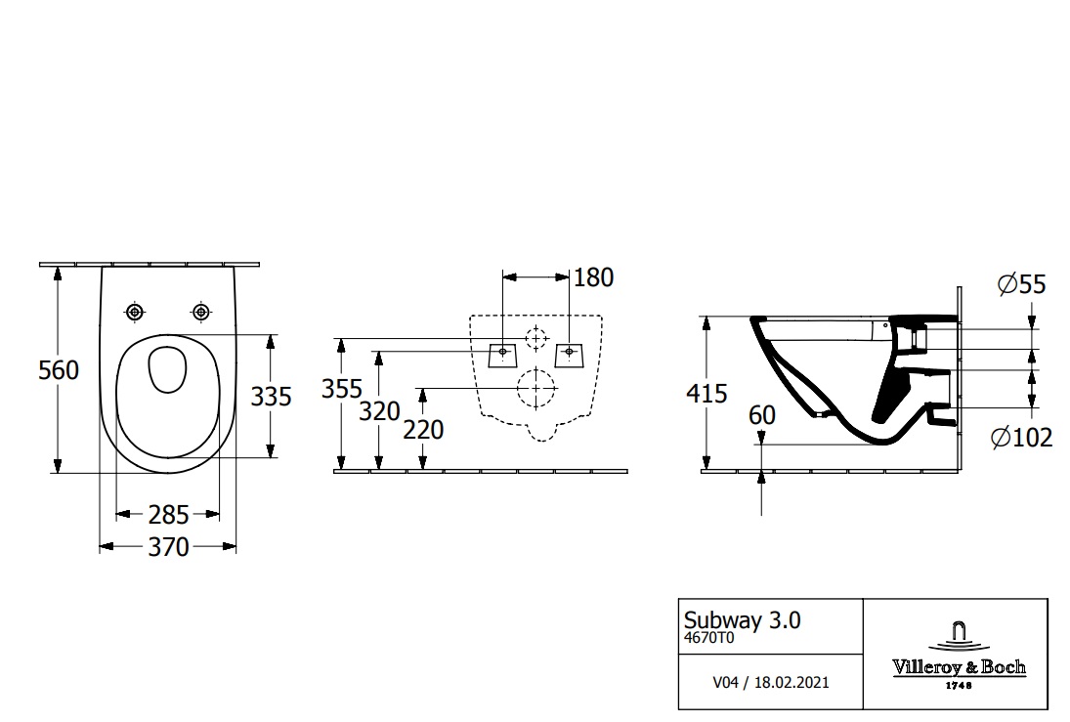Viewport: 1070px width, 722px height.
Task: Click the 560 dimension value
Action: (x=59, y=370)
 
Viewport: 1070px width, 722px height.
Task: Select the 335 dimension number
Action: (x=271, y=397)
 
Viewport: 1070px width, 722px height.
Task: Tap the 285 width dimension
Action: (x=168, y=515)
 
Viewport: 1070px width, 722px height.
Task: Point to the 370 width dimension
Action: (x=168, y=546)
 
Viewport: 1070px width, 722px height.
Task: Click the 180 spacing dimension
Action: (x=594, y=277)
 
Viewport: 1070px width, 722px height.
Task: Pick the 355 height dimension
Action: (x=342, y=389)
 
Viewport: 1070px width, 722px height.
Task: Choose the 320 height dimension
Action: (x=379, y=411)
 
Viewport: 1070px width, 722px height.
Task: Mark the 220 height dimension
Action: (x=423, y=430)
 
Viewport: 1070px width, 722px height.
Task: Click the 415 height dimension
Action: (x=706, y=394)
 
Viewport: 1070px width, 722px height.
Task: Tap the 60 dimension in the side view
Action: (x=762, y=415)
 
